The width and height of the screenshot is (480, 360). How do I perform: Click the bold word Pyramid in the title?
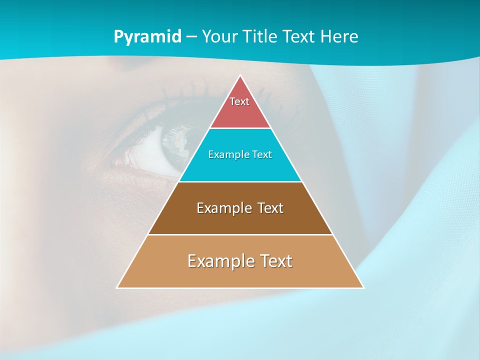(147, 37)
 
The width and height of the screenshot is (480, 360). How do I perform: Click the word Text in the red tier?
(239, 101)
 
